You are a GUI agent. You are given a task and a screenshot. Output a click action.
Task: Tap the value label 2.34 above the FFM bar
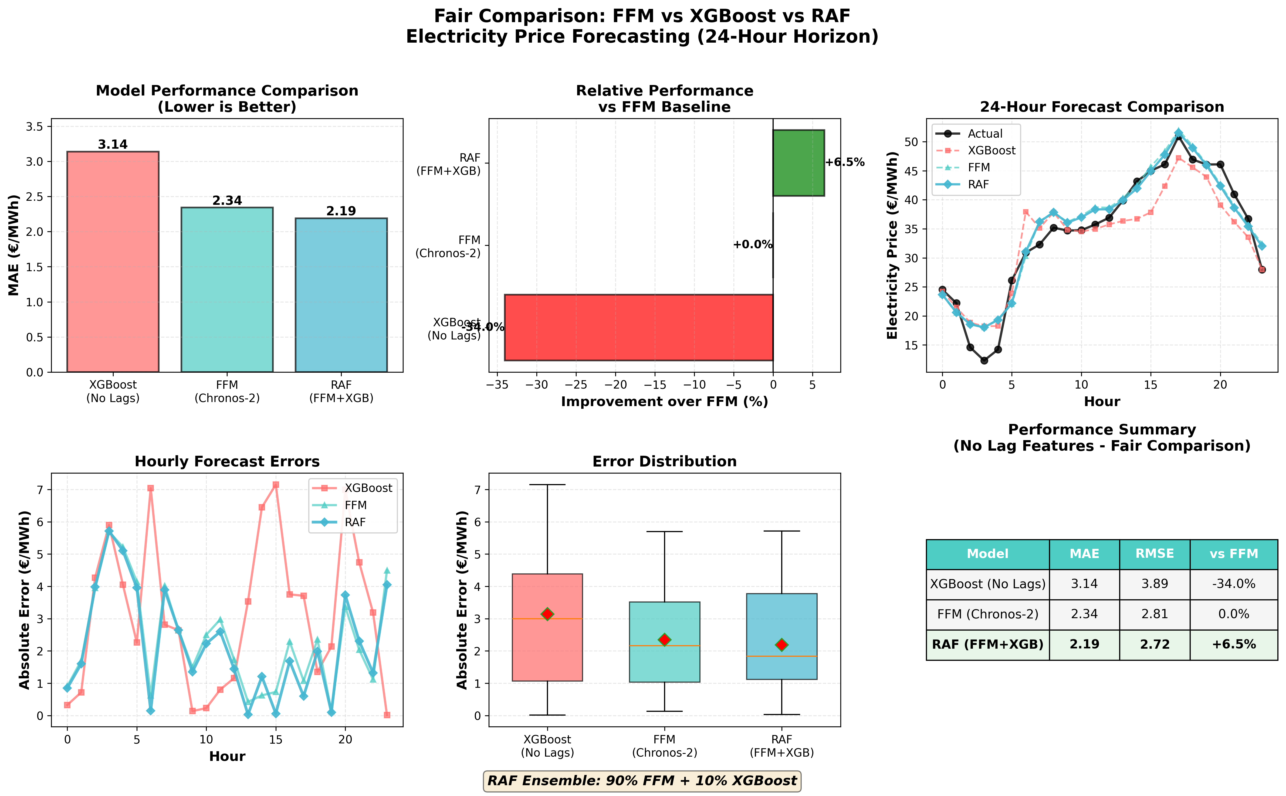[227, 200]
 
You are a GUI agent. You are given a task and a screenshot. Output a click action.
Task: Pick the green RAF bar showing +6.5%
[798, 163]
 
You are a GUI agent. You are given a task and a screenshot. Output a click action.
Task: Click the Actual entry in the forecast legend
[985, 134]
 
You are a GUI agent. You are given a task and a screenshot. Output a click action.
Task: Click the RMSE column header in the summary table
[1154, 554]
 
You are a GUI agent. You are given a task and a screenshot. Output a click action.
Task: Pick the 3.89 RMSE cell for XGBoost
[1154, 584]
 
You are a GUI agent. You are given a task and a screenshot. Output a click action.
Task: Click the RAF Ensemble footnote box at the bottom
[642, 781]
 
